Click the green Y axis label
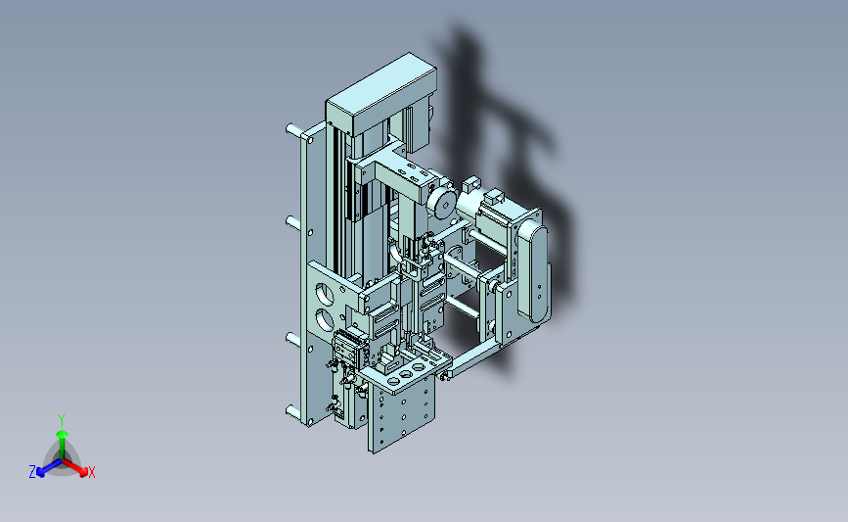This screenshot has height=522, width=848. (62, 420)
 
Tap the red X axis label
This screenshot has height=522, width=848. (91, 472)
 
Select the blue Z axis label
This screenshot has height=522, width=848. (32, 472)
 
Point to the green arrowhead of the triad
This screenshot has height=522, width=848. (62, 434)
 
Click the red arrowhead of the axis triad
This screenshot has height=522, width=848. (82, 472)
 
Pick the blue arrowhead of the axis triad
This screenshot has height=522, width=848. (41, 472)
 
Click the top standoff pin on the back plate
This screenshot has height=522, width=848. (293, 130)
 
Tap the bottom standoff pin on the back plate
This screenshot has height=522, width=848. (293, 413)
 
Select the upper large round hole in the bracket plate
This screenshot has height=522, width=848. (325, 294)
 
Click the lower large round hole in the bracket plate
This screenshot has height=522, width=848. (325, 319)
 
